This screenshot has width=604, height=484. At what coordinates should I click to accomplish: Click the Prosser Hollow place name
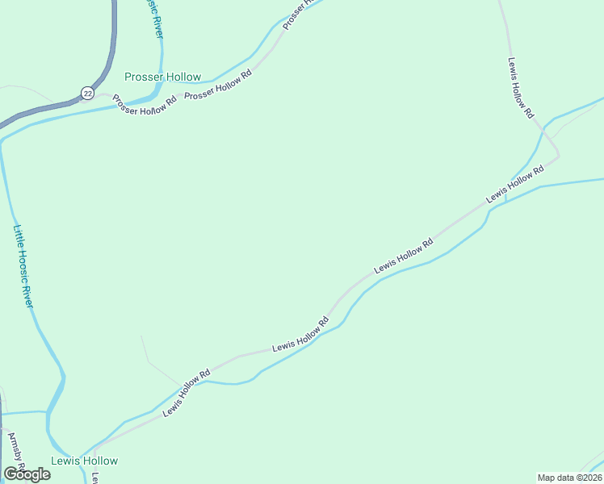point(162,77)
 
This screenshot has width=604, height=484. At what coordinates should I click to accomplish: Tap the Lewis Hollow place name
point(84,461)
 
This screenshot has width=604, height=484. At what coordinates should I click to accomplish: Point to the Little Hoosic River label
point(24,265)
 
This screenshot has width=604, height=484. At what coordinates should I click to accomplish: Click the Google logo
point(27,474)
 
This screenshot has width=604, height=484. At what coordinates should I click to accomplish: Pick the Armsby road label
point(16,454)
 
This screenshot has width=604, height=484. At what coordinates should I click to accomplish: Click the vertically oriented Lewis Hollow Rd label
point(520,89)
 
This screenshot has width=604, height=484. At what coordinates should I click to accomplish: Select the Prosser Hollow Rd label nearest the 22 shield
point(145,106)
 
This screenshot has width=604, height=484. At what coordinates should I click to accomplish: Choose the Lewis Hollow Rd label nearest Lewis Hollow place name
point(187,392)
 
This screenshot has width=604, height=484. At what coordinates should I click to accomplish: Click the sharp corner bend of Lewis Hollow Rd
point(558,155)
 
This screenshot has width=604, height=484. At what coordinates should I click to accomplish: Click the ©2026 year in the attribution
point(587,478)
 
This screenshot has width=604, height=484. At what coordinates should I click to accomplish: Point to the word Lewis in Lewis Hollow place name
point(65,461)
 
